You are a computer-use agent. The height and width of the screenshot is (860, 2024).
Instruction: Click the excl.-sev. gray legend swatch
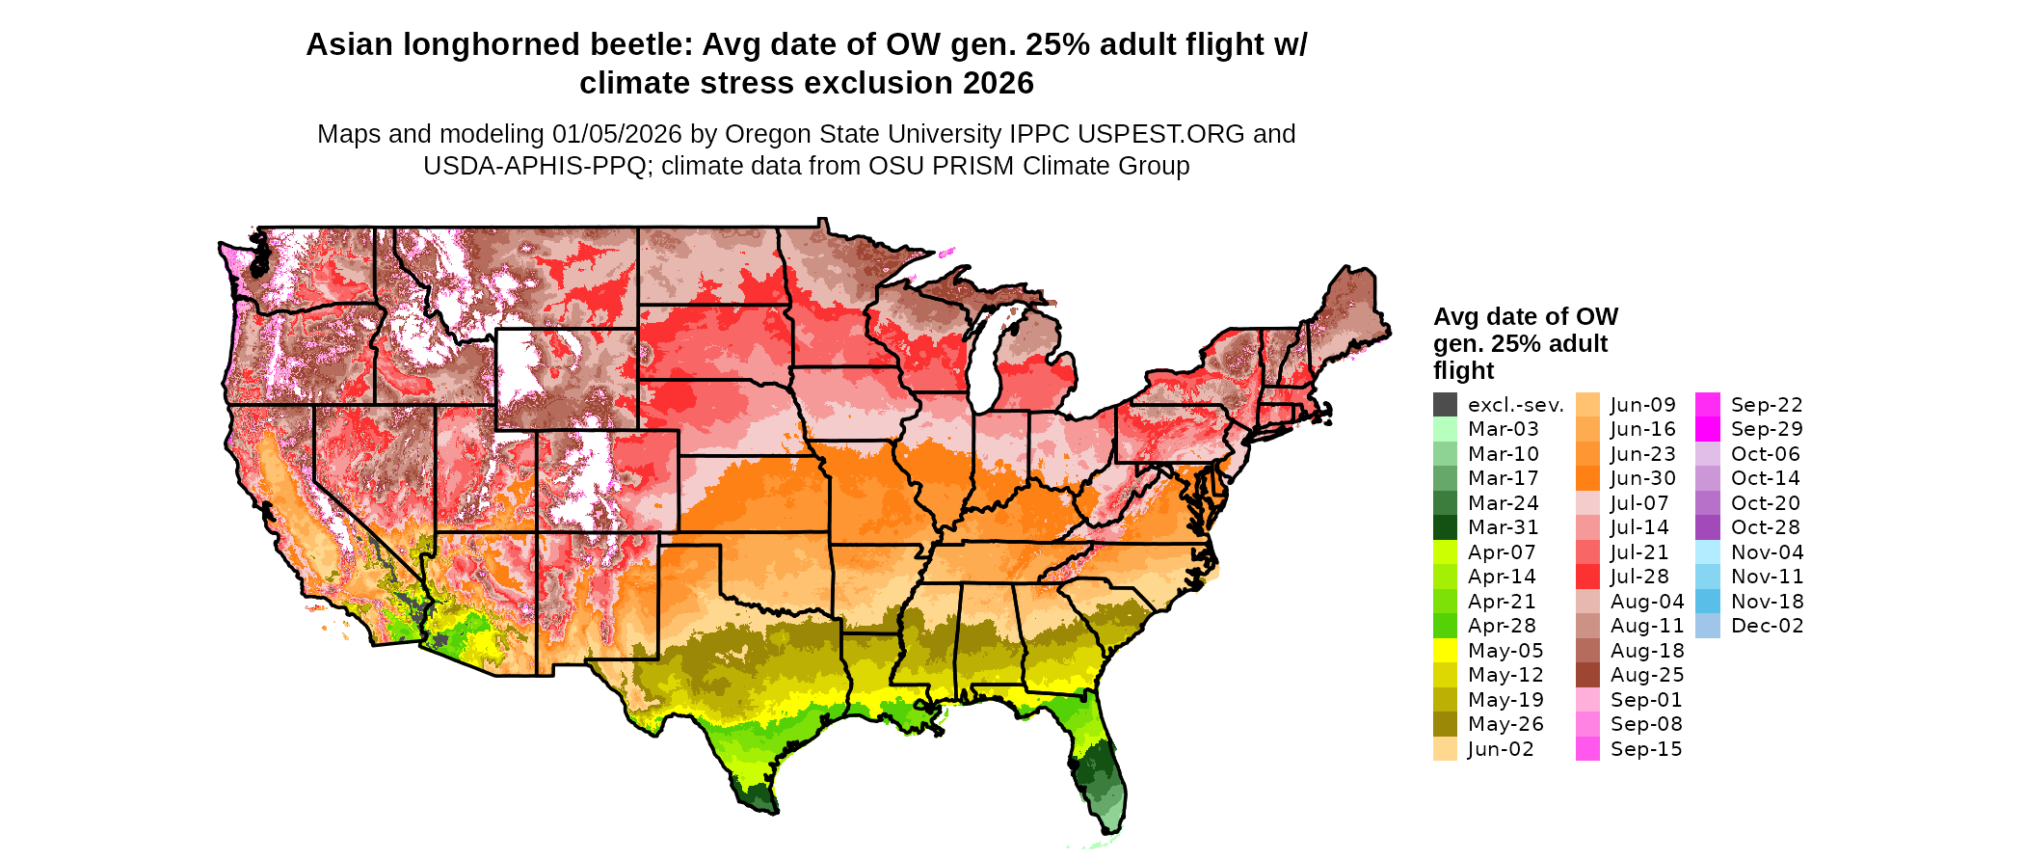click(x=1445, y=405)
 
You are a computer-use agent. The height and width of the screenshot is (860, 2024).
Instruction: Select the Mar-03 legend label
click(x=1503, y=429)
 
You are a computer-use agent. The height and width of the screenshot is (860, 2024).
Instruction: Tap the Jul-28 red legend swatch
click(x=1587, y=577)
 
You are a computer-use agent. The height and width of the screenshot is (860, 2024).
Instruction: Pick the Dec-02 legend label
click(x=1767, y=626)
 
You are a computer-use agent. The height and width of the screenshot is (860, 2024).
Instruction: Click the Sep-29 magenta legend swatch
click(x=1708, y=429)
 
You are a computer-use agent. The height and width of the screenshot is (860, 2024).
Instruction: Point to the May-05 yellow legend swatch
click(x=1445, y=651)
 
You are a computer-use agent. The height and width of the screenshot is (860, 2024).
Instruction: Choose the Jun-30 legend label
click(x=1642, y=478)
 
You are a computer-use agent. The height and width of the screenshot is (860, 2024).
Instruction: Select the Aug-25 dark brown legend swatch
click(x=1587, y=675)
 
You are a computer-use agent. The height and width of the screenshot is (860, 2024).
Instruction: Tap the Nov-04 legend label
click(x=1767, y=552)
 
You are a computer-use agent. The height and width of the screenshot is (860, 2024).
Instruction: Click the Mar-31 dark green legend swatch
click(x=1445, y=527)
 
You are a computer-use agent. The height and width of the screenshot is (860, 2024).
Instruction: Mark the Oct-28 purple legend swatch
click(x=1708, y=527)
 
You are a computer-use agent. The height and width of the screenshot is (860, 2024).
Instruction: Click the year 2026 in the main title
click(x=993, y=84)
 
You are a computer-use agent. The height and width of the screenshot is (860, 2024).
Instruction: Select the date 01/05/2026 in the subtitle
click(x=617, y=134)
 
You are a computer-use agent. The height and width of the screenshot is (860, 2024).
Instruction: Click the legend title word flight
click(x=1463, y=371)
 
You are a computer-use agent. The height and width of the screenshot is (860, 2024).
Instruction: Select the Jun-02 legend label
click(x=1500, y=749)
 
